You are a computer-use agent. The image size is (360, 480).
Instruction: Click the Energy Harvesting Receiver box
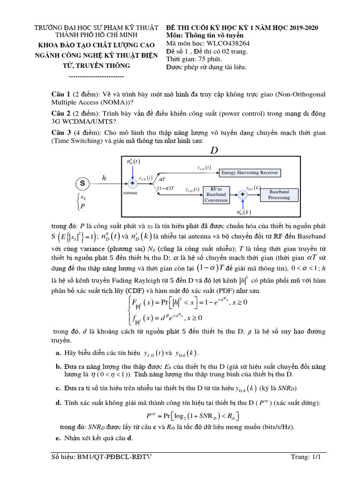click(x=250, y=172)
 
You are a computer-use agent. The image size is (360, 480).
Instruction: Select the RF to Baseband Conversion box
click(x=216, y=195)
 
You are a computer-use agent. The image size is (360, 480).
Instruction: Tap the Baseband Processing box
click(x=279, y=195)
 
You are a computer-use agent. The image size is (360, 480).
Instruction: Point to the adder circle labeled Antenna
click(x=132, y=183)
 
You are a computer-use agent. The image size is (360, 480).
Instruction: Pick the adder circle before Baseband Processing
click(x=242, y=195)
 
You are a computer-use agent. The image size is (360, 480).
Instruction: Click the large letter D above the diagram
click(x=214, y=150)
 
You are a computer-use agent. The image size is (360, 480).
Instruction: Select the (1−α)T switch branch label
click(x=165, y=188)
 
